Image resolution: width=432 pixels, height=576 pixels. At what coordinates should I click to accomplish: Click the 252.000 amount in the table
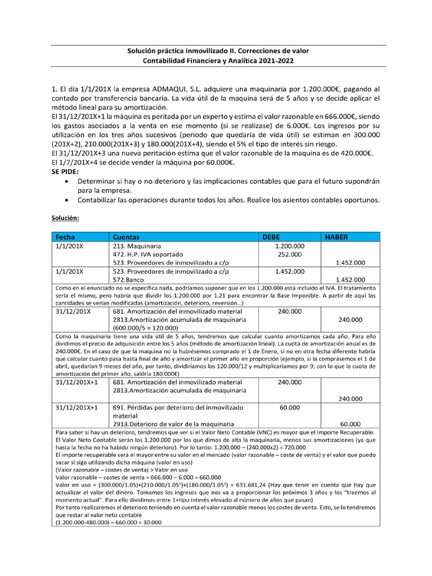click(290, 254)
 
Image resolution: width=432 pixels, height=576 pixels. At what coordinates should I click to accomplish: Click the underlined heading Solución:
click(65, 217)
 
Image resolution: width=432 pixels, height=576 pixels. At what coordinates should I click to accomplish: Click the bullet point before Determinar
click(67, 182)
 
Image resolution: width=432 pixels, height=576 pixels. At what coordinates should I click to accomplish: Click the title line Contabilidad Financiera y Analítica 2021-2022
click(218, 60)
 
